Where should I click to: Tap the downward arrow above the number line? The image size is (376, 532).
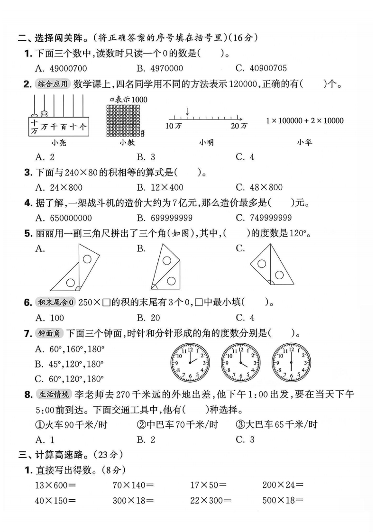[187, 112]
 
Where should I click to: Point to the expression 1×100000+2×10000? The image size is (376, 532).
[305, 121]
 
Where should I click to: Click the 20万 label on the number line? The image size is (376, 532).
[239, 126]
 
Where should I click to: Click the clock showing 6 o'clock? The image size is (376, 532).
[291, 364]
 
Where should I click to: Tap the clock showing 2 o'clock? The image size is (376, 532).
[190, 364]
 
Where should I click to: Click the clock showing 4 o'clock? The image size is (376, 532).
[240, 364]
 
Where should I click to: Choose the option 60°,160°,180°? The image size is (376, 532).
[70, 349]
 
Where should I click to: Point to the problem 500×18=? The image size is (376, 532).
[283, 500]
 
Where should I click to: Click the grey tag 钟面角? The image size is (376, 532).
[49, 333]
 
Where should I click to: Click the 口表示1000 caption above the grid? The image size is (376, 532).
[128, 100]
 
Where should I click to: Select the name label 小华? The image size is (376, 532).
[304, 142]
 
